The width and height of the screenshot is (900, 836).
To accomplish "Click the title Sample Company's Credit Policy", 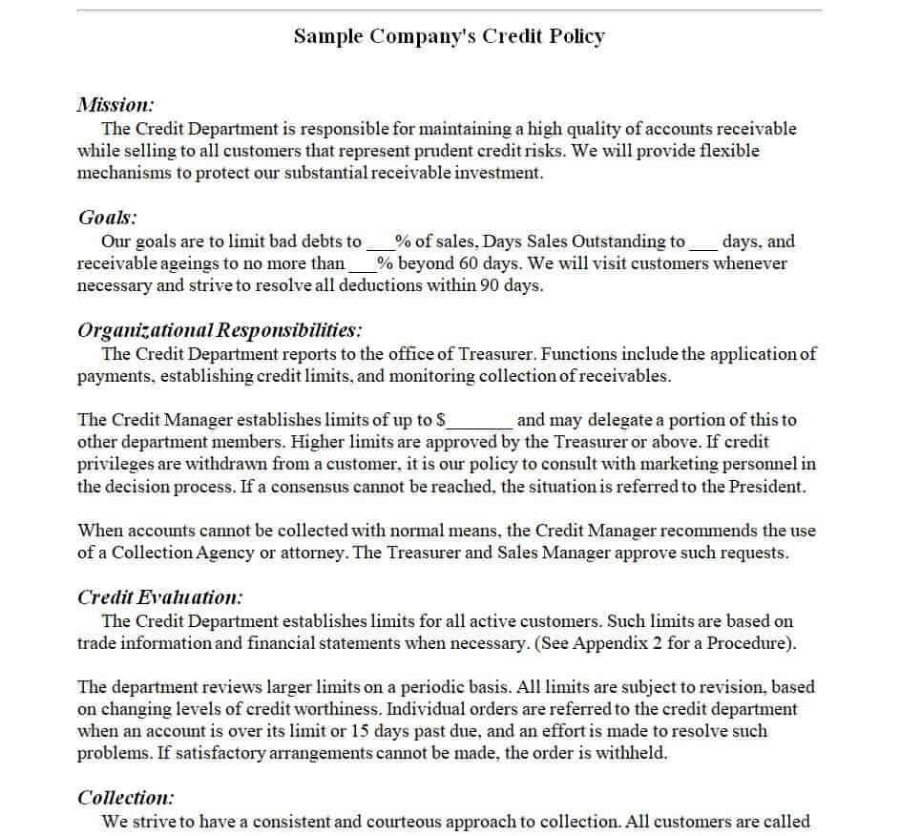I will (449, 36).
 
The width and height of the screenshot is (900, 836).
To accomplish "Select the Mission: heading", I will (115, 105).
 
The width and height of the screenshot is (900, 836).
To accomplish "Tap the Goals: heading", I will (107, 218).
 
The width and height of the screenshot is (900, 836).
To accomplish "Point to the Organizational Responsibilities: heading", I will (220, 330).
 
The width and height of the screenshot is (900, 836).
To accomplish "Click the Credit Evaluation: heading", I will (159, 597).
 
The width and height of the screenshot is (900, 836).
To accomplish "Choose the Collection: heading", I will (125, 798).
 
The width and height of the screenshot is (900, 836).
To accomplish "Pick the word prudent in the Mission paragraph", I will (437, 151).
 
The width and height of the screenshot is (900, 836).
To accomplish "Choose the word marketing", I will (666, 464).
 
